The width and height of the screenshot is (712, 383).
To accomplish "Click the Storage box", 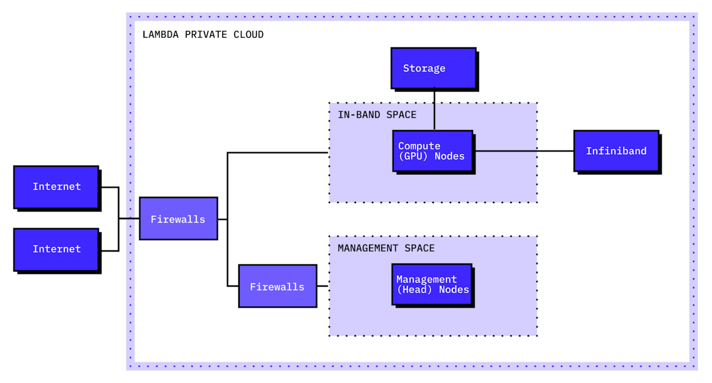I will tap(433, 68).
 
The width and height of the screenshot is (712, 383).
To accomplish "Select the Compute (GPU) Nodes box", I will tap(433, 151).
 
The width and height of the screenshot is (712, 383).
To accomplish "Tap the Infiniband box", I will tap(616, 151).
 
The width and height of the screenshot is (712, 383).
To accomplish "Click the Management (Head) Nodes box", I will tap(432, 284).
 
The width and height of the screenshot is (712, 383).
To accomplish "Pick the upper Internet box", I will tap(56, 187).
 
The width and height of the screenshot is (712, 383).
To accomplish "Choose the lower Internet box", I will tap(56, 250).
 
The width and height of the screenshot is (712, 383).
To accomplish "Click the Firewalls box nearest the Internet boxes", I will tap(178, 219).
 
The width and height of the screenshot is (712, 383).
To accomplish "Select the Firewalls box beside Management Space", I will tap(278, 286).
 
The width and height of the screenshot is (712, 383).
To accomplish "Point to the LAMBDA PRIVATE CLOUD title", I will tap(203, 34).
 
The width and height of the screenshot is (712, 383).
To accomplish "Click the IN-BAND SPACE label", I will tap(377, 115).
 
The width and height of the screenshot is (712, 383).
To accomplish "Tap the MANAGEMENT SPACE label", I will tap(386, 248).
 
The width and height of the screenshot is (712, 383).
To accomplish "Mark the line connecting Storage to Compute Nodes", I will tap(434, 110).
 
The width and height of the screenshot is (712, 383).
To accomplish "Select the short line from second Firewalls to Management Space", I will tap(322, 286).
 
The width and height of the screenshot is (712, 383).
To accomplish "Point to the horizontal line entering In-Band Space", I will tap(276, 153).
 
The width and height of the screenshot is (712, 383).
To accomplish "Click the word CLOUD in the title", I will tap(248, 34).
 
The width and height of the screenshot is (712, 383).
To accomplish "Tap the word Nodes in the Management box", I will tap(454, 290).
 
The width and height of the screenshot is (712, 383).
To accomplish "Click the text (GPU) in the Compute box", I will tap(413, 156).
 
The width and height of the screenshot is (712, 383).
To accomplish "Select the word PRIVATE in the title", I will tap(206, 34).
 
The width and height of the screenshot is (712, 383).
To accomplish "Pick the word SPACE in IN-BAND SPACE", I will tap(401, 115).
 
